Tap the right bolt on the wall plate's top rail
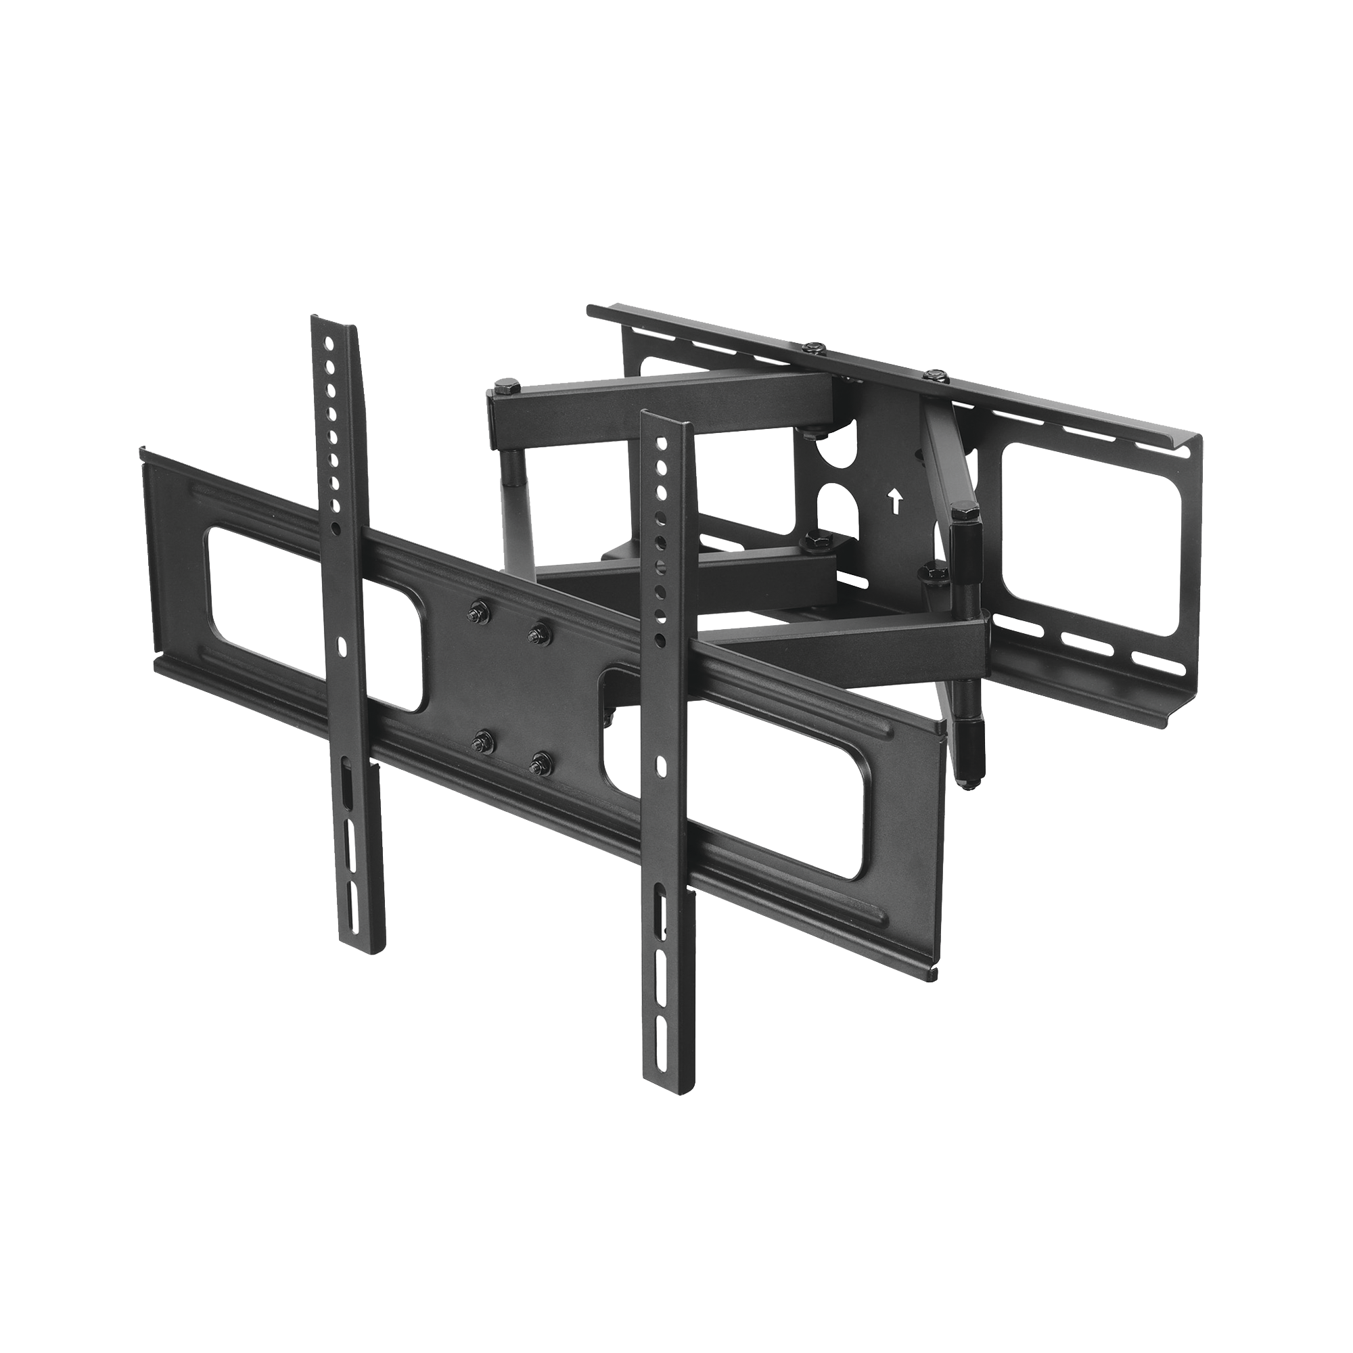pyautogui.click(x=934, y=377)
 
